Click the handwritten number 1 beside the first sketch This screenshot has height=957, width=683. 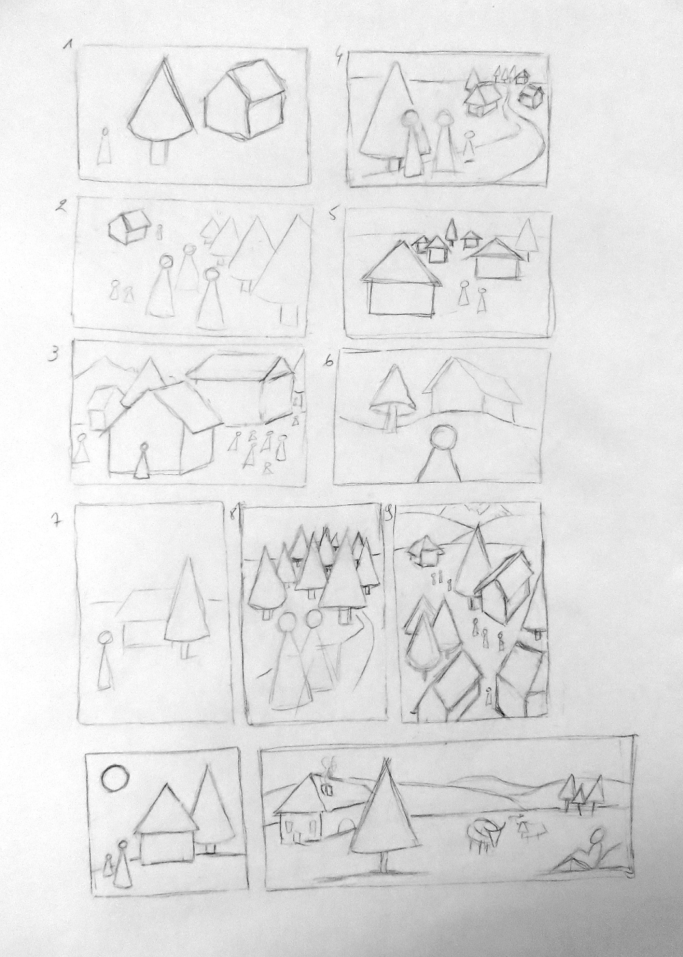pyautogui.click(x=67, y=44)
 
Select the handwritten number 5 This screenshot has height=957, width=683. pyautogui.click(x=332, y=215)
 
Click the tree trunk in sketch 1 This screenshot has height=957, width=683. pyautogui.click(x=158, y=152)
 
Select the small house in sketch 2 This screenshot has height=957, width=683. pyautogui.click(x=128, y=228)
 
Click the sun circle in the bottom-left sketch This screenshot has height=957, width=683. pyautogui.click(x=115, y=775)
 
